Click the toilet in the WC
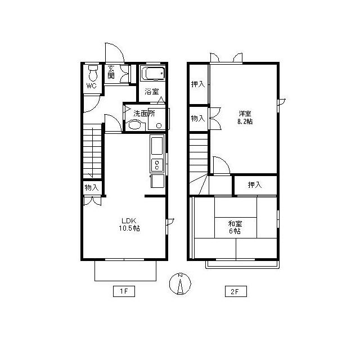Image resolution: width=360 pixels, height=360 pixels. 93,73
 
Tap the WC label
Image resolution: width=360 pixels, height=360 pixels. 91,86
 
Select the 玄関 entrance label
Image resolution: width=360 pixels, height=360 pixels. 111,72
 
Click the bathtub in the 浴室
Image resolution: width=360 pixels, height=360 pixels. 152,74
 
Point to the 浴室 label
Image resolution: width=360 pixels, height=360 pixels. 152,92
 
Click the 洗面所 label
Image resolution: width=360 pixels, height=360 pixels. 144,113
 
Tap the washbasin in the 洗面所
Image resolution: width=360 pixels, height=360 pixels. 134,125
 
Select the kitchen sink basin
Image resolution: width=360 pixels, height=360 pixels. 157,146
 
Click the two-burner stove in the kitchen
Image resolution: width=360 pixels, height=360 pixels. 157,165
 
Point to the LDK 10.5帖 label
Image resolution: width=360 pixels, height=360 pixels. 129,224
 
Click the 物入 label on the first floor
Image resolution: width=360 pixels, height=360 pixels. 92,187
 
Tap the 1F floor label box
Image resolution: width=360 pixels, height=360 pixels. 124,291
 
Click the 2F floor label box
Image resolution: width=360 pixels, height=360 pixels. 236,291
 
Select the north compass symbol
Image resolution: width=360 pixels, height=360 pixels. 180,283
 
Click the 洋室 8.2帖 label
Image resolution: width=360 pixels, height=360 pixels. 245,118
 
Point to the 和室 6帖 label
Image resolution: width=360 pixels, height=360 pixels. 235,227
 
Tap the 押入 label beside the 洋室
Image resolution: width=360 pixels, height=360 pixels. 198,84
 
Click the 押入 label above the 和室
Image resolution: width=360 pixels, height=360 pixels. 255,184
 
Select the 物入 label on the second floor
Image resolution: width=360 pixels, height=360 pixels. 198,119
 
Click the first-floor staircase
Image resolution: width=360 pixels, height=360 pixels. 92,151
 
